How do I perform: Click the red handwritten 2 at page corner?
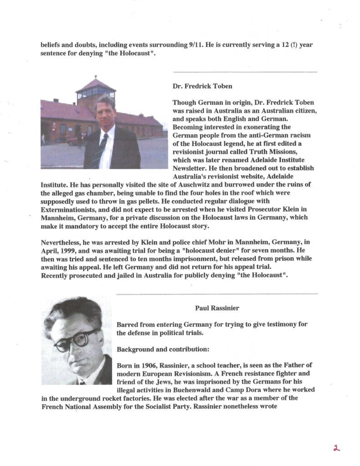click(336, 448)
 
